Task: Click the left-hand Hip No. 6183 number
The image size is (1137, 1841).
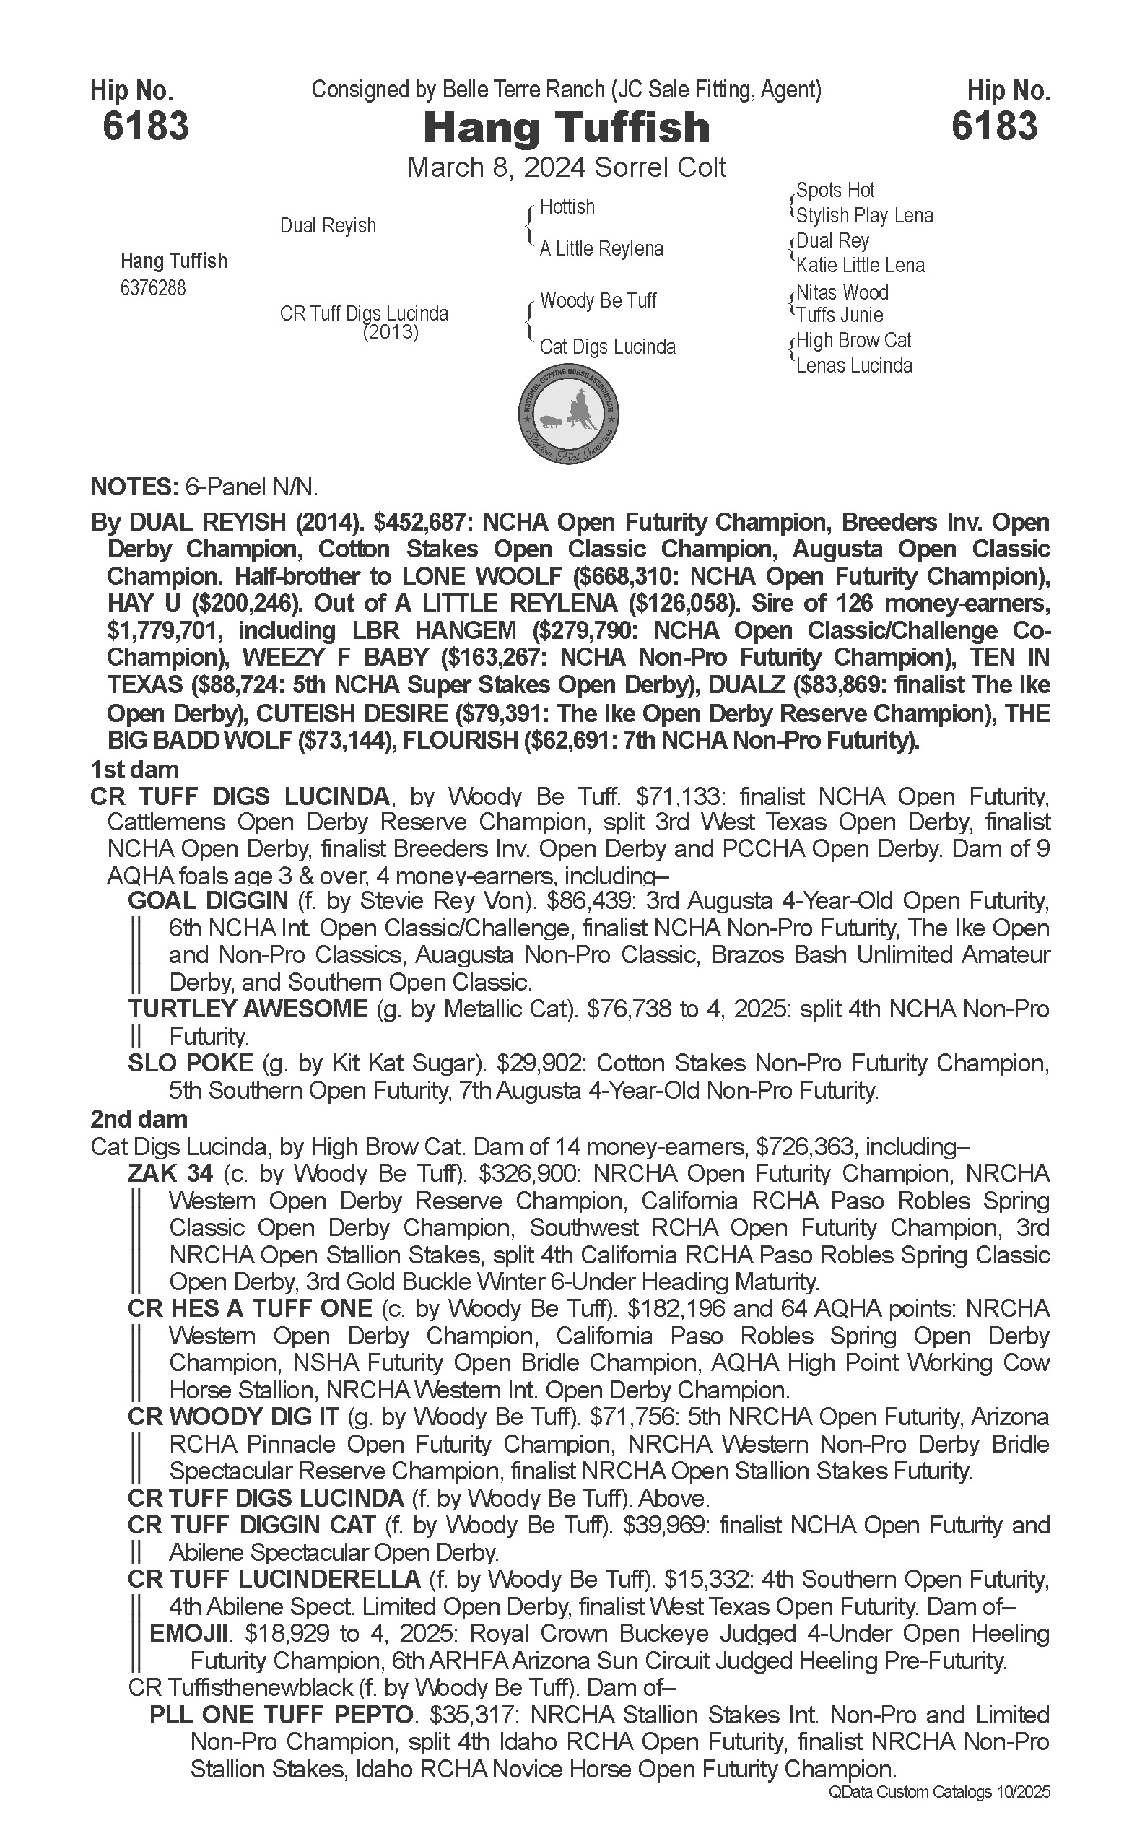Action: click(x=145, y=126)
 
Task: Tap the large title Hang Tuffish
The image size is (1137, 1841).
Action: click(x=566, y=127)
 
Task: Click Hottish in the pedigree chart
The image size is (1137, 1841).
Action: click(x=567, y=206)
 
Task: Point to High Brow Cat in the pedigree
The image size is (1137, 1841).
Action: click(x=853, y=341)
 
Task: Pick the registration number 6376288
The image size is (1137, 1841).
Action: click(x=152, y=288)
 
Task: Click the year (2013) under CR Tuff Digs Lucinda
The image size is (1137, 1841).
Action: click(x=391, y=331)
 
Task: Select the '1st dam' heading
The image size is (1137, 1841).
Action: click(x=134, y=770)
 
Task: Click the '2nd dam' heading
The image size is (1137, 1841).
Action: click(x=139, y=1120)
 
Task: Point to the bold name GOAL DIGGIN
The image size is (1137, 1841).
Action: click(x=209, y=900)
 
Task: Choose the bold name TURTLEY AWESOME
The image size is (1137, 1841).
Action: click(x=248, y=1009)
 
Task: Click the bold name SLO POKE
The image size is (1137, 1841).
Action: click(x=191, y=1063)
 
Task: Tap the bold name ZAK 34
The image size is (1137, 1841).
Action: click(x=170, y=1173)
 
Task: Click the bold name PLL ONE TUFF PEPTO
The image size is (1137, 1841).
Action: click(x=282, y=1715)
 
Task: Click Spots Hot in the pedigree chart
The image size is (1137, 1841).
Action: click(x=835, y=191)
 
